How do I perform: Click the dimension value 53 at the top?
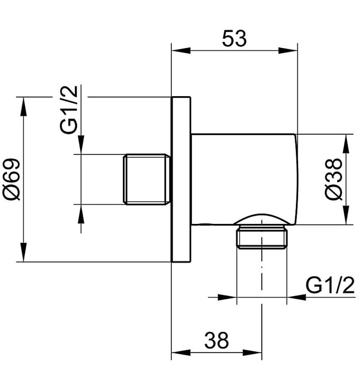pos(234,38)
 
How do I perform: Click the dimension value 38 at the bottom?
pos(216,340)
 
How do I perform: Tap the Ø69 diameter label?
pos(12,179)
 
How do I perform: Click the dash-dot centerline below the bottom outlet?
pos(262,279)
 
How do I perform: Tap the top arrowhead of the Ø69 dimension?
pos(23,106)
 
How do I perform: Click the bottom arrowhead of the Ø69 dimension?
pos(23,252)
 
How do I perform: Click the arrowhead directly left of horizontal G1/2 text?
pos(296,297)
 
